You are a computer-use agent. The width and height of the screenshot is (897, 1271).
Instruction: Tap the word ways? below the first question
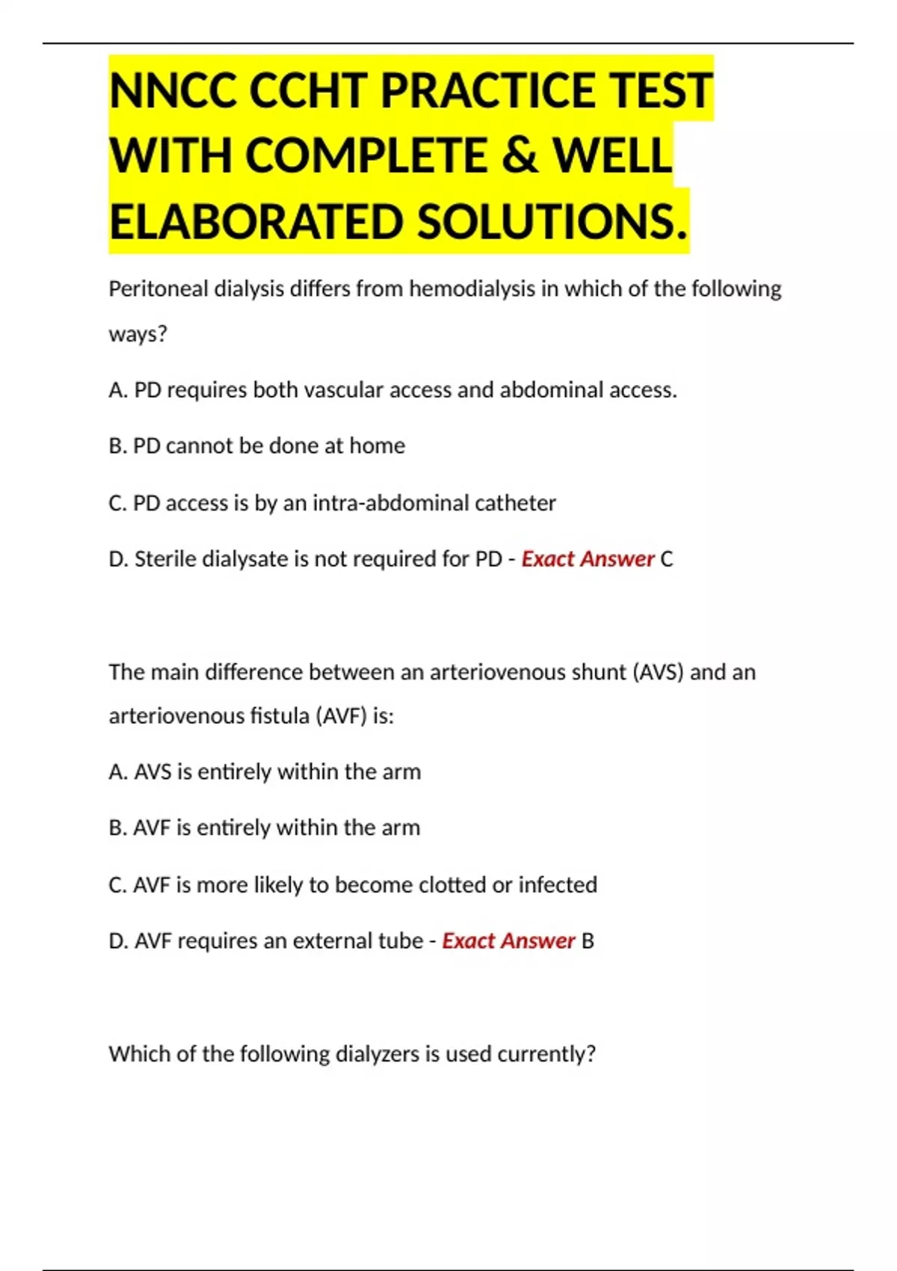coord(138,333)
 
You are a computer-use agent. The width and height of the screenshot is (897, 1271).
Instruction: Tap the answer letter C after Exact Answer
coord(667,559)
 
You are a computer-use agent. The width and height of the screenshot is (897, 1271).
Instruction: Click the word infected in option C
coord(558,885)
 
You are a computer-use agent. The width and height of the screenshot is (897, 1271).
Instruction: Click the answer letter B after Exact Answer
coord(588,941)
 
